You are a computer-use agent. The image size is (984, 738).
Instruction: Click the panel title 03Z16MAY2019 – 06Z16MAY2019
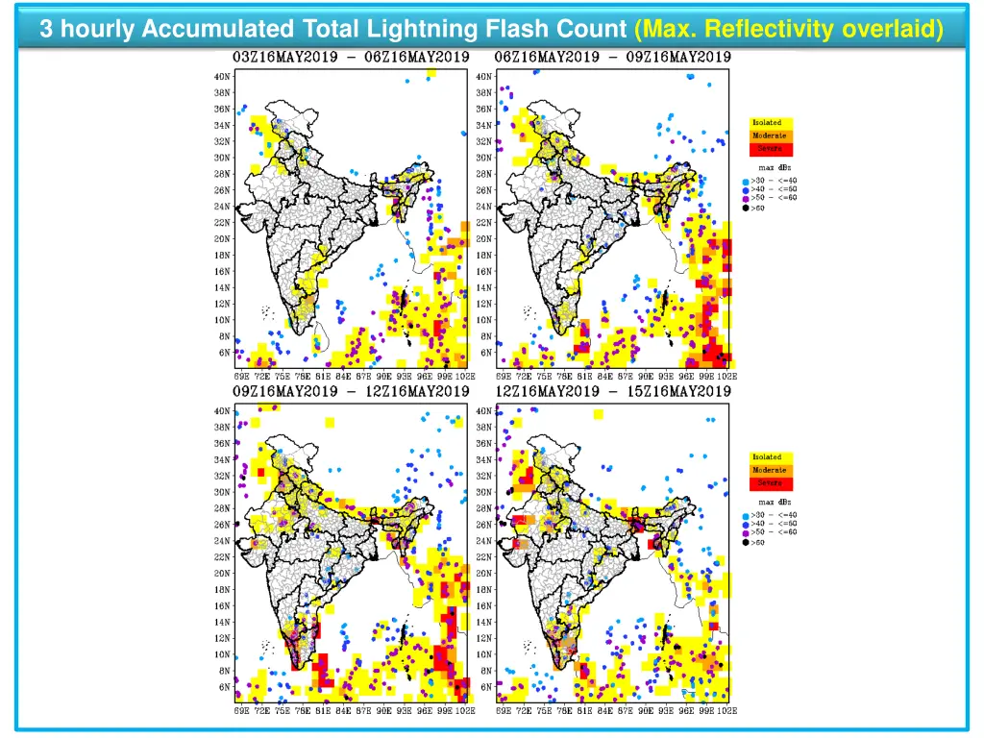coord(351,57)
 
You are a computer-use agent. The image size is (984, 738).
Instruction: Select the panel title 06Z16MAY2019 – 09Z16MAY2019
coord(612,57)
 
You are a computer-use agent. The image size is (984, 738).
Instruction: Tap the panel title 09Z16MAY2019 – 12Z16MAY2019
coord(351,391)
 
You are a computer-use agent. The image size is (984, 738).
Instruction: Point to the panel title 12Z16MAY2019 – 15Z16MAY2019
coord(612,391)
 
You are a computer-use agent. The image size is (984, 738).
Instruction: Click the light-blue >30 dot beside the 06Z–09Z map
coord(745,180)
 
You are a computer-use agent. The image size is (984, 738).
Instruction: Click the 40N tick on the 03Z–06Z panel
coord(222,76)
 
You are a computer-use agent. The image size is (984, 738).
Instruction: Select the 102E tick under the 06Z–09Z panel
coord(726,376)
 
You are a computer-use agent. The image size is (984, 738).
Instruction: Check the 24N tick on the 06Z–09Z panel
coord(484,207)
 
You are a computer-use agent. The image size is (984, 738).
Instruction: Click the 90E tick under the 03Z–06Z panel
coord(382,376)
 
